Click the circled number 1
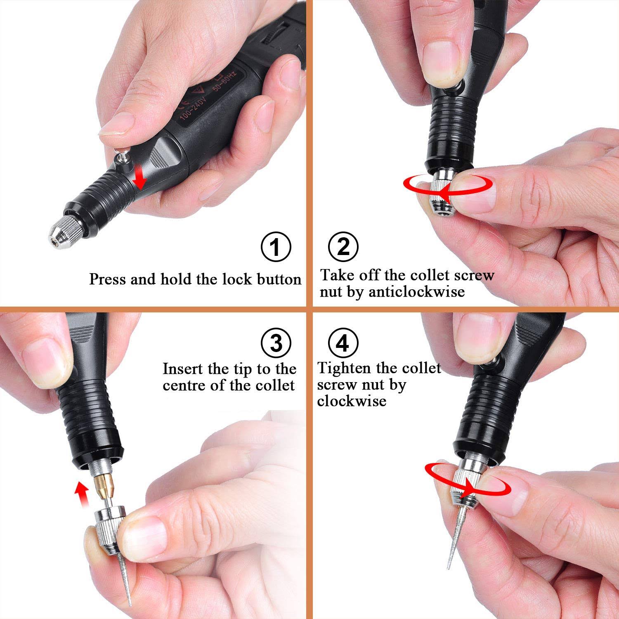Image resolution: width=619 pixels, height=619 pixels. [x=276, y=247]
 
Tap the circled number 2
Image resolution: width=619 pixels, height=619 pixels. [x=343, y=247]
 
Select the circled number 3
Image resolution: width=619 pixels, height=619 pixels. [x=276, y=343]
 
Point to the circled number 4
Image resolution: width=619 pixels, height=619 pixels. [x=343, y=343]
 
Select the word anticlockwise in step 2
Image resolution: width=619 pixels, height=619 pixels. [x=416, y=292]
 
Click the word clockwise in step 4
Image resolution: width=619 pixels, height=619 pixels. [x=352, y=401]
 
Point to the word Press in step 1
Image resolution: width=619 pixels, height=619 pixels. [x=107, y=279]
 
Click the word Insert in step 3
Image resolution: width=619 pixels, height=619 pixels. [x=183, y=369]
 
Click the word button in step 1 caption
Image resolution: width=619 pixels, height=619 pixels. [x=279, y=279]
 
